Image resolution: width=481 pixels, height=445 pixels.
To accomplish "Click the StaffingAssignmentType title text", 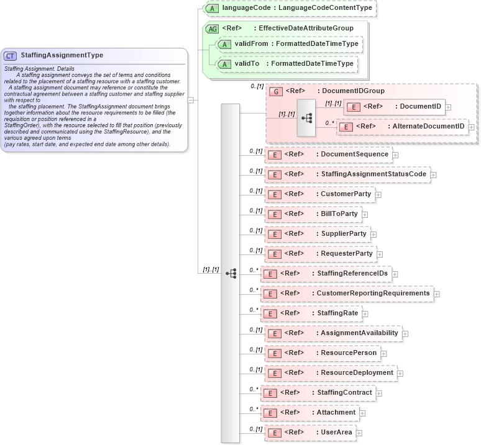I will (62, 55).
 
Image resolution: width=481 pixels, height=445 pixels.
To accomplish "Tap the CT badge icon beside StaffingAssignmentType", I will (11, 56).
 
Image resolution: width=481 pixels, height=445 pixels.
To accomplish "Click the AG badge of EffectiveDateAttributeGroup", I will (212, 29).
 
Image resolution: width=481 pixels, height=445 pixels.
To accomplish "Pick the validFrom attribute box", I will (288, 44).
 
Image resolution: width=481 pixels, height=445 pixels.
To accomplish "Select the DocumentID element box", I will (394, 107).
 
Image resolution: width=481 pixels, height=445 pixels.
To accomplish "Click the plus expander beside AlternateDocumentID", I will (472, 127).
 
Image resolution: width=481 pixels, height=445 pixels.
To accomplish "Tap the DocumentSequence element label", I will (354, 154).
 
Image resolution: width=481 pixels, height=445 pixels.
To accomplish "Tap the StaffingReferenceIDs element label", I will (352, 273).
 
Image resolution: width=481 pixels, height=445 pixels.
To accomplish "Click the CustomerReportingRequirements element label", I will (373, 293).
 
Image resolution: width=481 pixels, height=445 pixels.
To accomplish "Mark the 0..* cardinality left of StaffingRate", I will (254, 310).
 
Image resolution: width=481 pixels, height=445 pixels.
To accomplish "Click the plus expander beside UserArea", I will (359, 433).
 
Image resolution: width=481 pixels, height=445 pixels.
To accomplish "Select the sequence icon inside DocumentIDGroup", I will (306, 117).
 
